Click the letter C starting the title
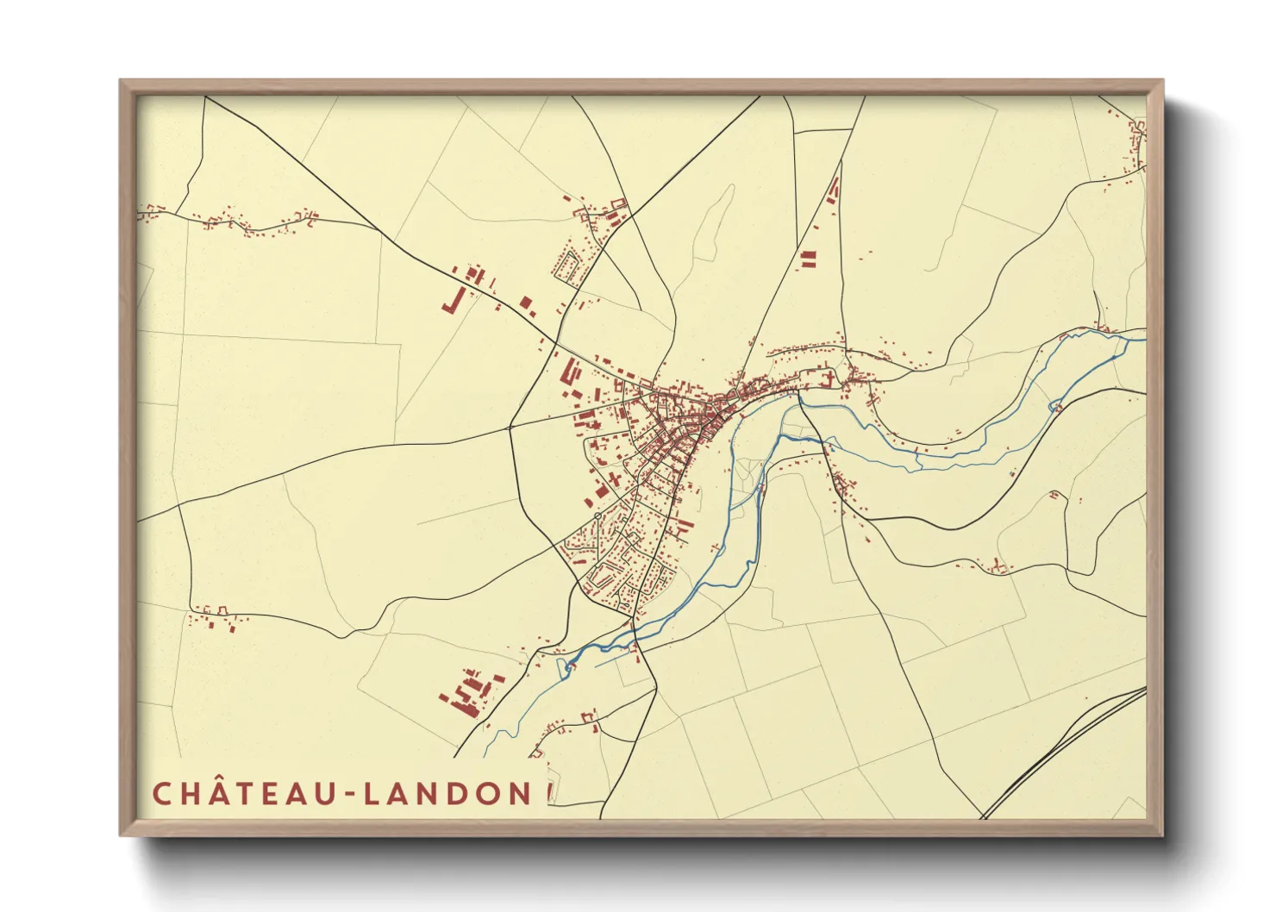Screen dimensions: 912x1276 click(x=161, y=793)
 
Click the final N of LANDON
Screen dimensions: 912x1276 click(x=519, y=793)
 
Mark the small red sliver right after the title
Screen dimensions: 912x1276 click(x=548, y=793)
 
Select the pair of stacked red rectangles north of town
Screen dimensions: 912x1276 click(x=808, y=259)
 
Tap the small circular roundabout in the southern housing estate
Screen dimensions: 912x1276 click(x=597, y=515)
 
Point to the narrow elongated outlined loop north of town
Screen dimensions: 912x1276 click(x=715, y=224)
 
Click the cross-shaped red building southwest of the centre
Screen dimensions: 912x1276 click(x=614, y=477)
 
